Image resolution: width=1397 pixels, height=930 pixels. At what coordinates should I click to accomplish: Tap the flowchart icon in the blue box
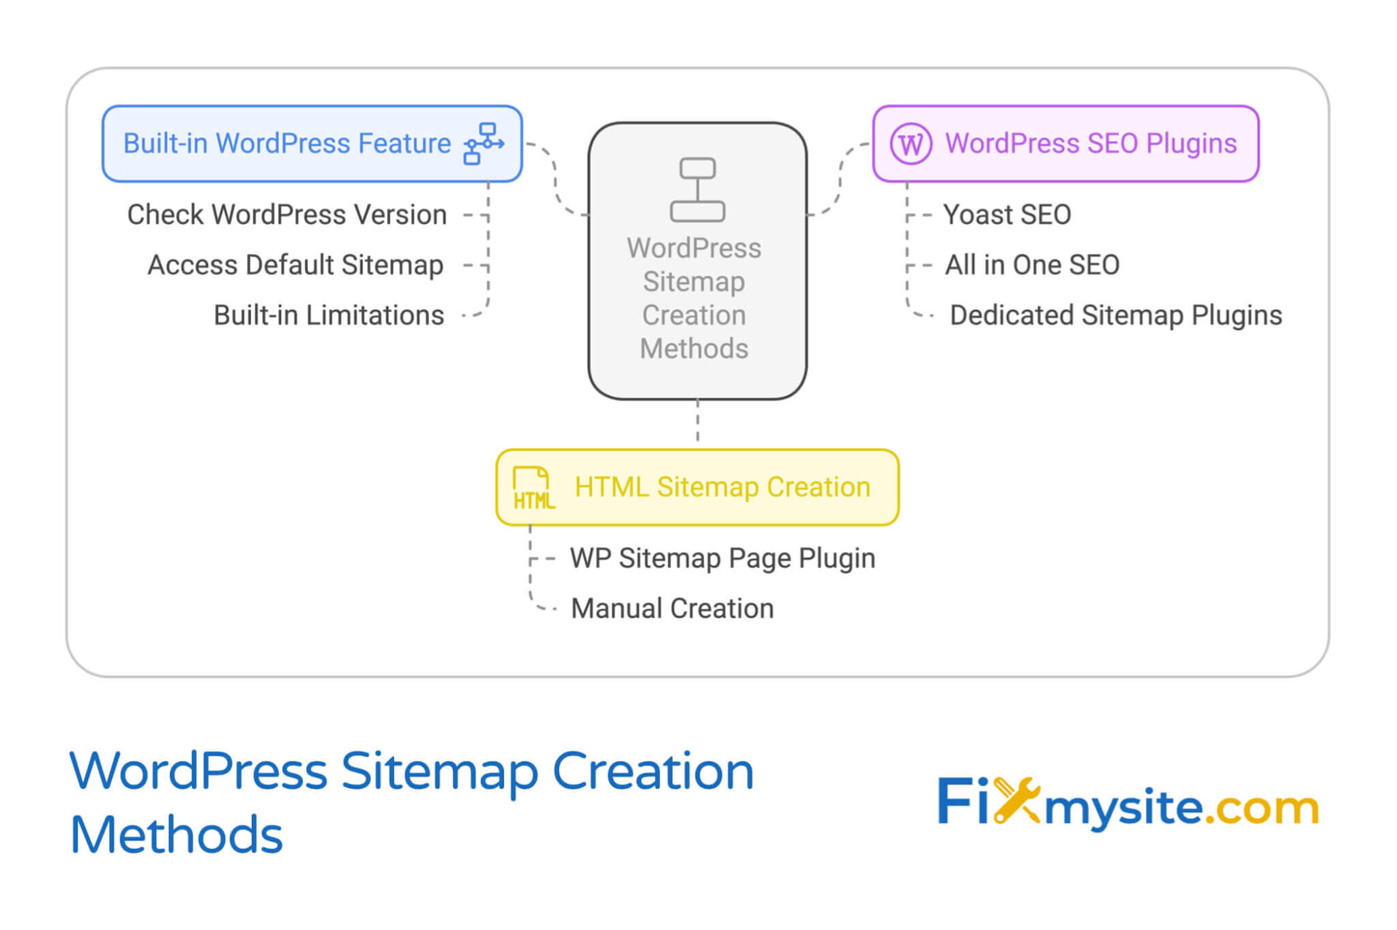point(484,144)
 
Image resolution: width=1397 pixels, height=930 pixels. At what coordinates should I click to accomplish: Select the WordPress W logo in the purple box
point(911,144)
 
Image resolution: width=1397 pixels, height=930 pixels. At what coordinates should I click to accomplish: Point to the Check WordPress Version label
point(286,215)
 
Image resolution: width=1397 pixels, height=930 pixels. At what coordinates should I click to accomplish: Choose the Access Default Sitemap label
point(295,265)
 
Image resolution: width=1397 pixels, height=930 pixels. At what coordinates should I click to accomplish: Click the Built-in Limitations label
point(329,316)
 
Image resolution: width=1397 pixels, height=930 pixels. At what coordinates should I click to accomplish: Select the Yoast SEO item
point(1007,215)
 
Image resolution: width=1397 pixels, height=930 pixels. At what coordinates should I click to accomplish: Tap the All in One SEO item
point(1031,265)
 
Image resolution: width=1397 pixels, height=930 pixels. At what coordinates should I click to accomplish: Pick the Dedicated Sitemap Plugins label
point(1115,316)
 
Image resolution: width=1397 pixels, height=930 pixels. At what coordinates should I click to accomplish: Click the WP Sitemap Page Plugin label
point(722,559)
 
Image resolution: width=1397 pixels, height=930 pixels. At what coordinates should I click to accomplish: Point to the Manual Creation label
point(672,609)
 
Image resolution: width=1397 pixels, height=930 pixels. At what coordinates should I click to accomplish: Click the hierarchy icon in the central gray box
point(697,190)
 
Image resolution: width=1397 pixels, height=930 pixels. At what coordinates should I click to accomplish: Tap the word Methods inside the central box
point(694,349)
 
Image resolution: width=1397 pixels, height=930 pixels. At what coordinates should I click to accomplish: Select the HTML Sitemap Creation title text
point(722,488)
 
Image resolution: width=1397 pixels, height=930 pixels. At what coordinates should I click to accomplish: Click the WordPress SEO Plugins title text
point(1090,144)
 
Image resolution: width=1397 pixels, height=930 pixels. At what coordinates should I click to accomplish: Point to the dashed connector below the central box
point(697,422)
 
